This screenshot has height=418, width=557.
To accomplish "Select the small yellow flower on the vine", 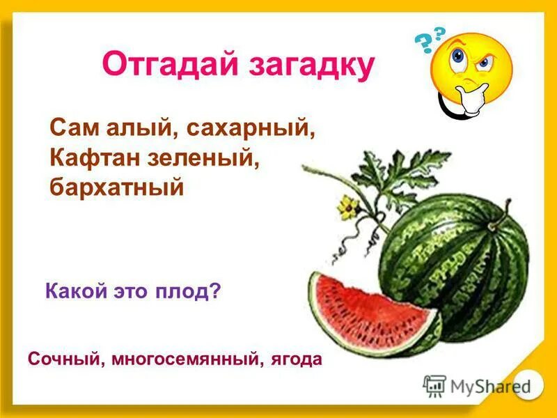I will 347,205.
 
